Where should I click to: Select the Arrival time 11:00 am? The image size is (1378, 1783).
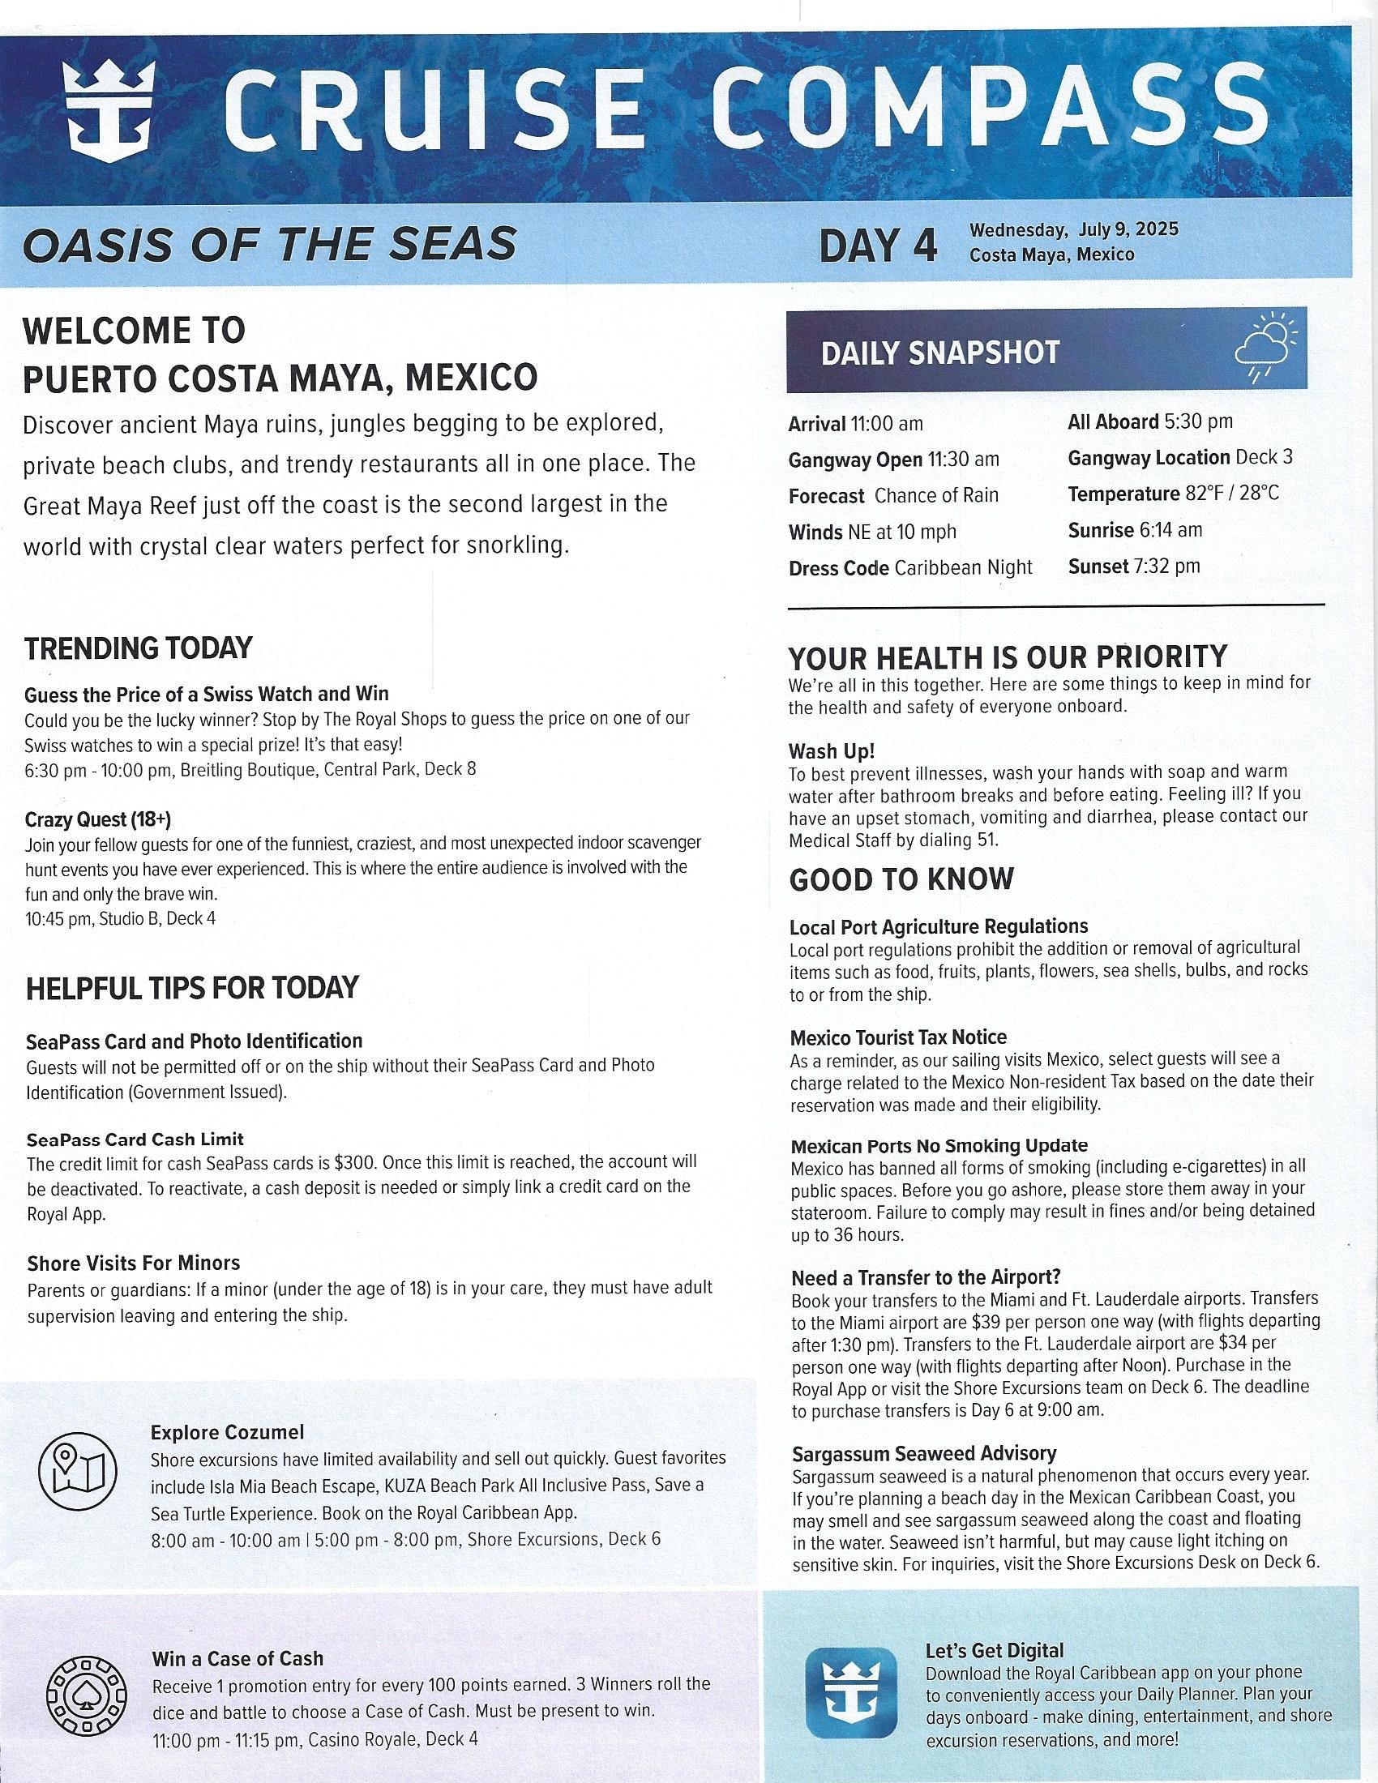click(887, 424)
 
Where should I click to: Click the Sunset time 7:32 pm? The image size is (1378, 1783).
click(1166, 566)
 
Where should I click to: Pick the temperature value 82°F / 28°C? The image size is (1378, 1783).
click(1232, 494)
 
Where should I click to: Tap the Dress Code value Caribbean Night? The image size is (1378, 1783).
click(963, 567)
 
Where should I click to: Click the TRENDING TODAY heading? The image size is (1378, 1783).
click(138, 648)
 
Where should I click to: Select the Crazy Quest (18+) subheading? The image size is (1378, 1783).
click(98, 819)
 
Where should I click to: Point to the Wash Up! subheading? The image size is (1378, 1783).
click(832, 750)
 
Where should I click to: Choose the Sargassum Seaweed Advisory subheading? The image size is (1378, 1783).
click(924, 1452)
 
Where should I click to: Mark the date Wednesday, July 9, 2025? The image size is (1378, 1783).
click(1073, 229)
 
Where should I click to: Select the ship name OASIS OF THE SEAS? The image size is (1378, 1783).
click(270, 244)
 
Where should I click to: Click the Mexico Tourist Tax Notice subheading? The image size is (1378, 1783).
click(898, 1037)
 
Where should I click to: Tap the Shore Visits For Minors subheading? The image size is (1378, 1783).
click(133, 1263)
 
